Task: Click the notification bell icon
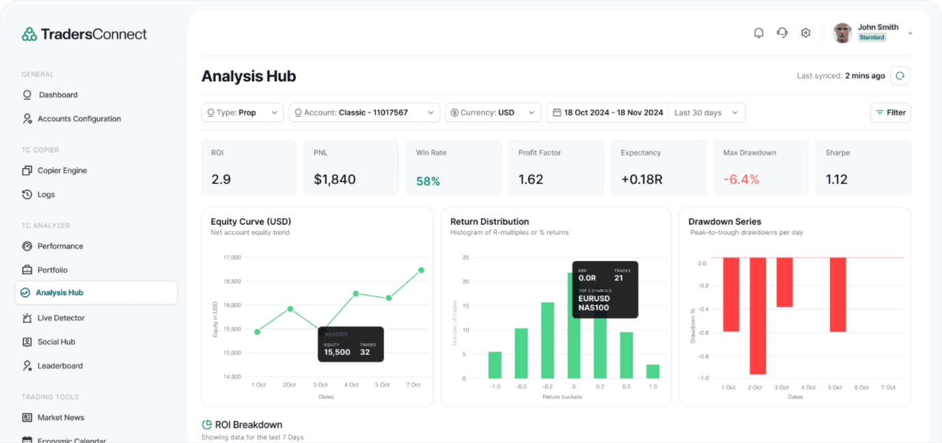(758, 33)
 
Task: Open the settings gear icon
(805, 33)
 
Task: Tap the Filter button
(890, 113)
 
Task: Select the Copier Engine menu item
(62, 171)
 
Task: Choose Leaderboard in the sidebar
(59, 366)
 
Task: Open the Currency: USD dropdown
(493, 113)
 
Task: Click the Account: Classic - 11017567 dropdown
(365, 113)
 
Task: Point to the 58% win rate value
(428, 181)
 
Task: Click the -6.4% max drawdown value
(741, 180)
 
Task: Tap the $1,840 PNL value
(335, 180)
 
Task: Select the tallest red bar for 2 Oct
(757, 316)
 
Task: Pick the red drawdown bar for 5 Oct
(837, 295)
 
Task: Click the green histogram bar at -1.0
(495, 365)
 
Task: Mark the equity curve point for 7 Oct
(421, 270)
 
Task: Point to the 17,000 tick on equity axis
(232, 258)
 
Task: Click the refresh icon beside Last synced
(900, 76)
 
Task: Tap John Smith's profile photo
(842, 33)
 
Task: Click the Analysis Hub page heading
(249, 77)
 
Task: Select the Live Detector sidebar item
(61, 318)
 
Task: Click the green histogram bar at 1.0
(652, 371)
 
